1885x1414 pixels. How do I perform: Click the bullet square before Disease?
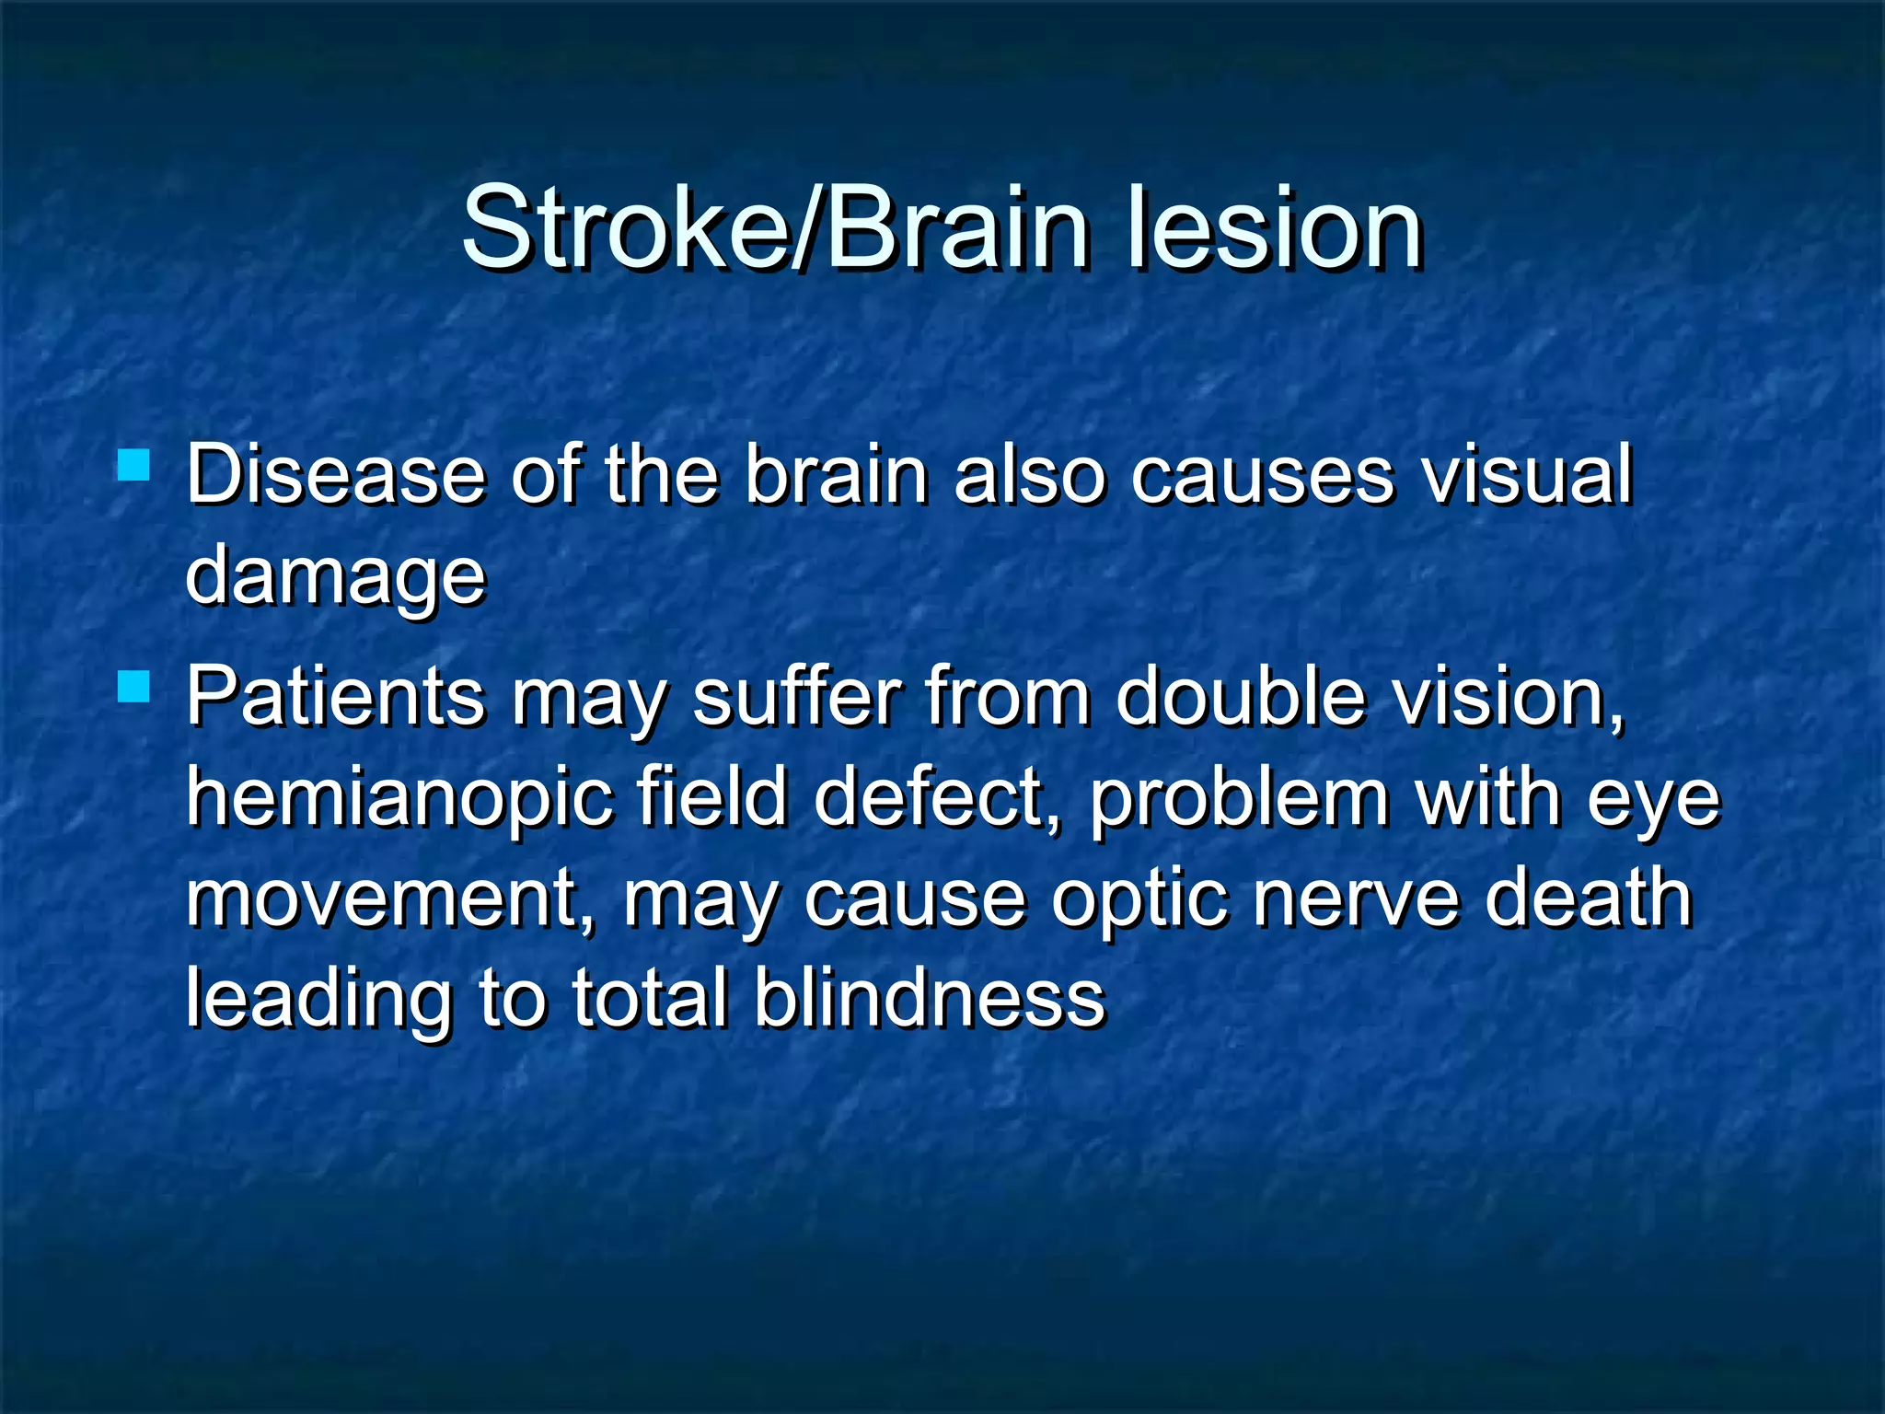coord(134,465)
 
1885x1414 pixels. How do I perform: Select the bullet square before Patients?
coord(134,687)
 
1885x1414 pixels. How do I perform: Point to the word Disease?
coord(335,475)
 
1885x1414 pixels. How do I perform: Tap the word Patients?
coord(335,697)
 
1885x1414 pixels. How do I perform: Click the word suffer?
coord(795,697)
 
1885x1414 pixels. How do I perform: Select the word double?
coord(1240,697)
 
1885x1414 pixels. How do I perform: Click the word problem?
coord(1239,798)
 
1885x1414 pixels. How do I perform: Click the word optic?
coord(1139,900)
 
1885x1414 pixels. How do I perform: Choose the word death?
coord(1589,898)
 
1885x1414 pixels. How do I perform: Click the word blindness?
coord(930,998)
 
